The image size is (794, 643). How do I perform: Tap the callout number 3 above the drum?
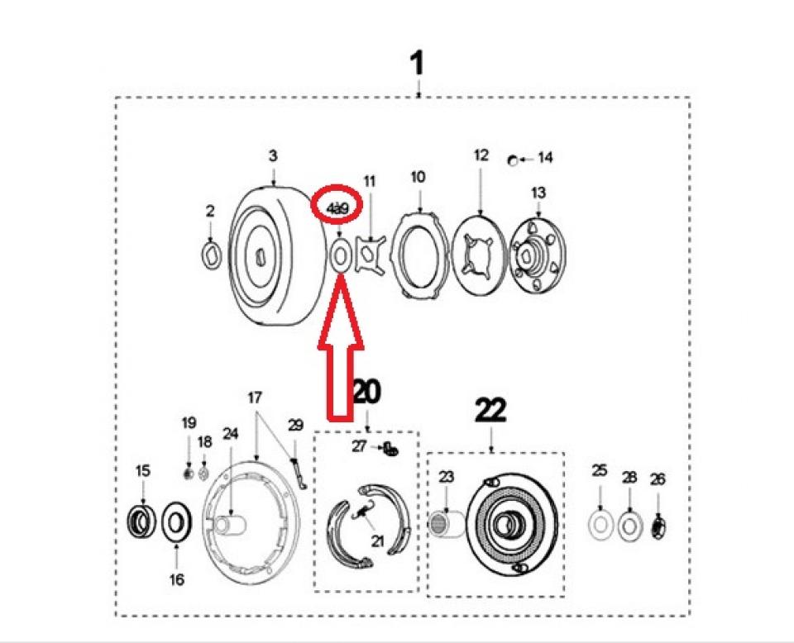tap(273, 155)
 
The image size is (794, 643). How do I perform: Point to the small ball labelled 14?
tap(514, 159)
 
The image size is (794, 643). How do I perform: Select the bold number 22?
tap(490, 410)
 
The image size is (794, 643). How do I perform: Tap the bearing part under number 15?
tap(142, 522)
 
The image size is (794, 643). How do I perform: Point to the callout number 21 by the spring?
tap(378, 542)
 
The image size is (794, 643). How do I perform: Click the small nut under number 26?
tap(658, 526)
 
